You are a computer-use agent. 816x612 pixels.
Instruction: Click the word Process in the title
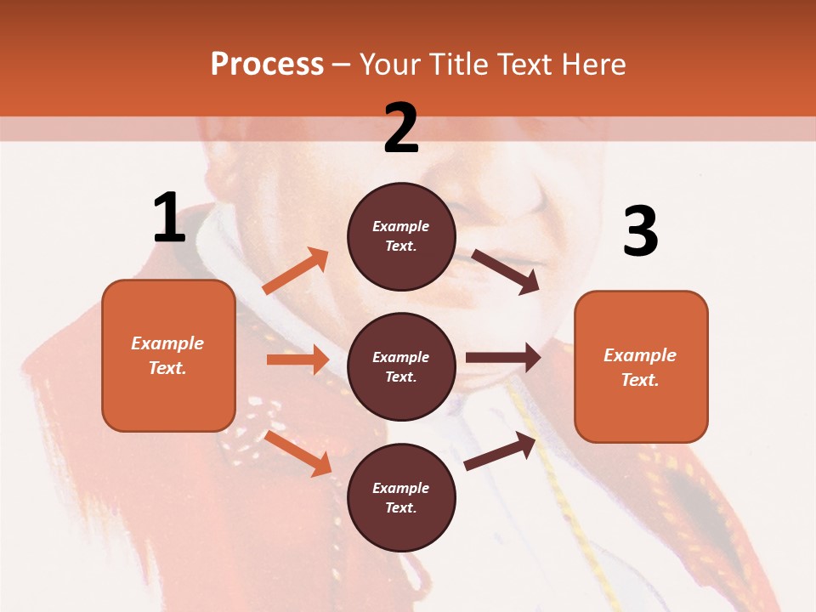tap(267, 64)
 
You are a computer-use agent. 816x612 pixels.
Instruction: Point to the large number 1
tap(169, 218)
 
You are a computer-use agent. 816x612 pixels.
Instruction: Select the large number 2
tap(401, 127)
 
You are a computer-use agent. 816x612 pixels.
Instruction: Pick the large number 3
tap(640, 232)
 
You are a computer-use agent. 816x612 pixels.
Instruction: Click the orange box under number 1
tap(168, 355)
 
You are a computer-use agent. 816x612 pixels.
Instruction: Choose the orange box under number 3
tap(641, 366)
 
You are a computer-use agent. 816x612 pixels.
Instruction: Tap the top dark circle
tap(401, 236)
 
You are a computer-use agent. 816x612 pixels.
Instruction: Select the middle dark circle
tap(401, 366)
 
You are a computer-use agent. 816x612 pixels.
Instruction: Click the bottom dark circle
tap(401, 497)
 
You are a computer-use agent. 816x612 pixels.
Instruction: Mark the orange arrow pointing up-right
tap(296, 271)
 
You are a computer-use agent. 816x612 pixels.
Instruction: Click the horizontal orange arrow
tap(297, 360)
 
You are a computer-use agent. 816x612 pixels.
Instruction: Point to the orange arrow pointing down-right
tap(298, 453)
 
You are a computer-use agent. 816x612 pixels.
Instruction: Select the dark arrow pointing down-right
tap(506, 271)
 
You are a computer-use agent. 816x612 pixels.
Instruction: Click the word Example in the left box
tap(167, 343)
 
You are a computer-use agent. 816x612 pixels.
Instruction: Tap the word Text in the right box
tap(638, 380)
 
